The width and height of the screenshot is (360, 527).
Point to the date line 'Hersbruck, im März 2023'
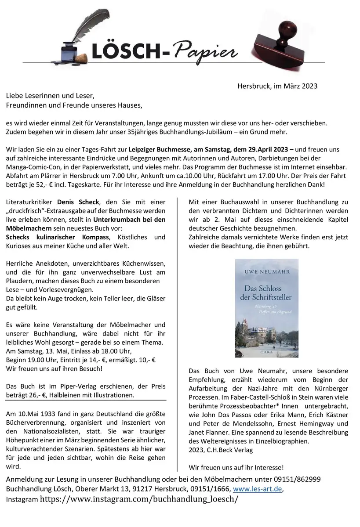tap(277, 86)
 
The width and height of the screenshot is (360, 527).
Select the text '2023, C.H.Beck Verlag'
tap(221, 450)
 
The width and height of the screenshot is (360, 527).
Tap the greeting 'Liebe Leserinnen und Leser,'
tap(50, 96)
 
